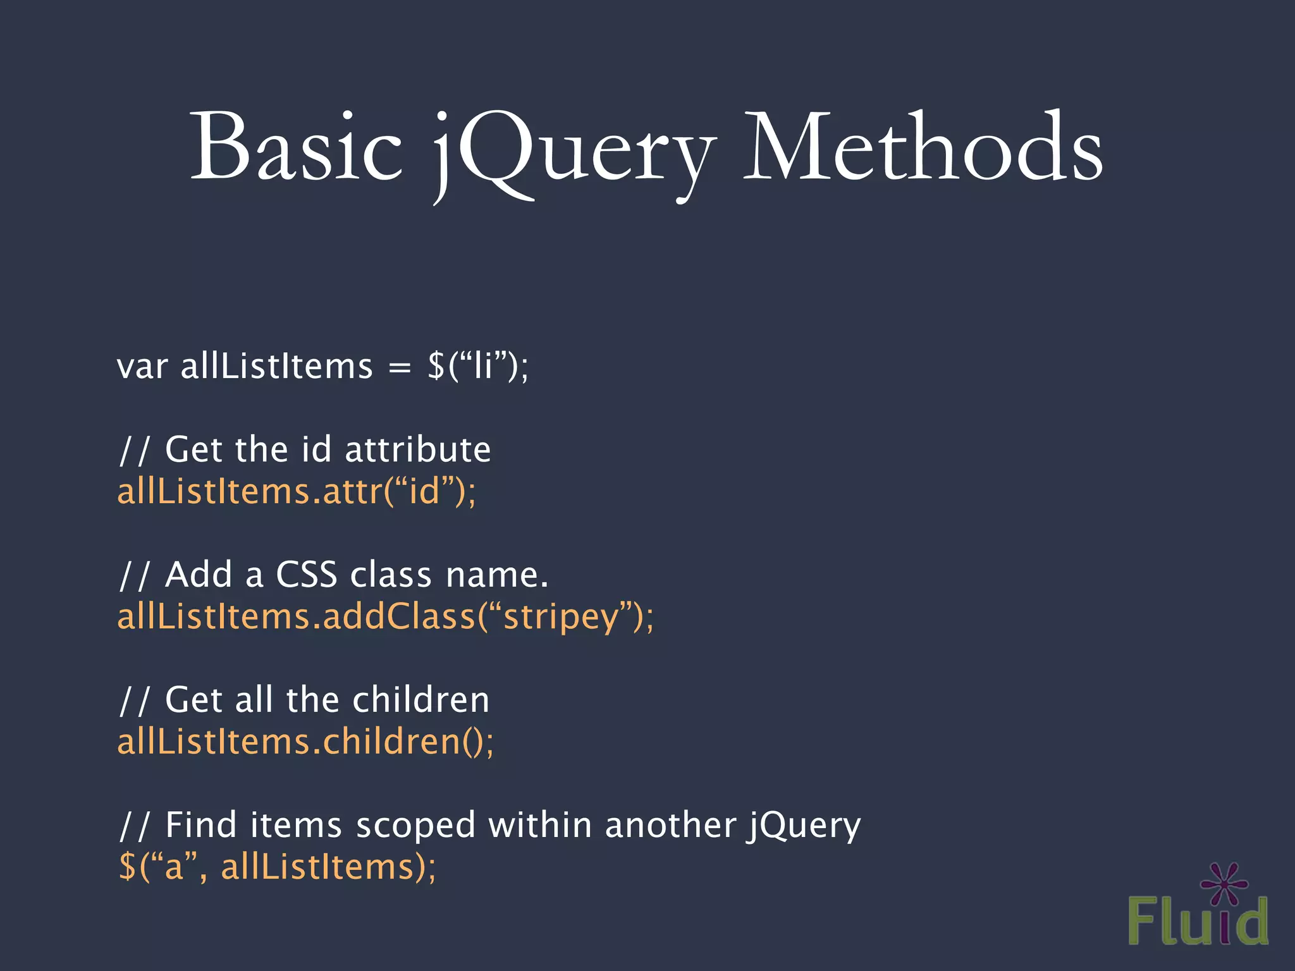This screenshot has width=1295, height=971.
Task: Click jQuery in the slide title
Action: click(x=572, y=152)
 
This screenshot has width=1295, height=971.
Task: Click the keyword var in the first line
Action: click(x=142, y=367)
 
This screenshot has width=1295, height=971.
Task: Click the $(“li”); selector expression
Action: click(x=478, y=366)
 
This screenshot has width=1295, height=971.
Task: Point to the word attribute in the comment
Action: click(x=417, y=449)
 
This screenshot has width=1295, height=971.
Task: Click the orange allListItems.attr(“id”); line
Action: click(x=296, y=491)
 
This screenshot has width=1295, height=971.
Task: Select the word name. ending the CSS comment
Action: click(x=497, y=575)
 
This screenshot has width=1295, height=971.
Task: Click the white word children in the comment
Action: click(x=420, y=700)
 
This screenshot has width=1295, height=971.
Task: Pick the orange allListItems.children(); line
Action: click(x=305, y=742)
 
